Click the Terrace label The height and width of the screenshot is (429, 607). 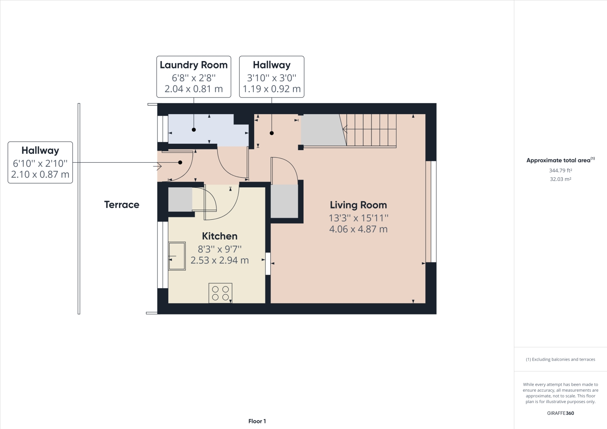(x=121, y=205)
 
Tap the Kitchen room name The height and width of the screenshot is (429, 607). (x=219, y=236)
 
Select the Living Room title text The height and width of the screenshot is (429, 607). (x=358, y=205)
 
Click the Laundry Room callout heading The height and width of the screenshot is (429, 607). (x=193, y=65)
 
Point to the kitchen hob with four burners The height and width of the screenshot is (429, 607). (x=220, y=293)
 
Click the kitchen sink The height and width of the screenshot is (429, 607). (x=177, y=256)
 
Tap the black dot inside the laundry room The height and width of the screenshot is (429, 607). (x=194, y=130)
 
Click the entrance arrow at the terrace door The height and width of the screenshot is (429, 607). (x=157, y=166)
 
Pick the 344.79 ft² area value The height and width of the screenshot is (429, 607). (x=560, y=171)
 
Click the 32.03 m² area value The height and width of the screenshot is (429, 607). (x=560, y=179)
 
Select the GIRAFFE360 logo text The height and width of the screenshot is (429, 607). (x=560, y=413)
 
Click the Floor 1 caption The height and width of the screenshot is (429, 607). (x=257, y=421)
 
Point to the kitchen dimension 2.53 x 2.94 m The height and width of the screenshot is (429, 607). (x=219, y=261)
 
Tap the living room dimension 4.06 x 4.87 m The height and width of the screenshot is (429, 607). (x=358, y=229)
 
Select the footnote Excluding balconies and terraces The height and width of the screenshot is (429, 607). (x=560, y=359)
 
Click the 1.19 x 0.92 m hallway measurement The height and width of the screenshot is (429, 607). (x=272, y=89)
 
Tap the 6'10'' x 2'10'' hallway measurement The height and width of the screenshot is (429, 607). (x=40, y=164)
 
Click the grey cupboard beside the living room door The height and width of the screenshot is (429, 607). (x=284, y=201)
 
